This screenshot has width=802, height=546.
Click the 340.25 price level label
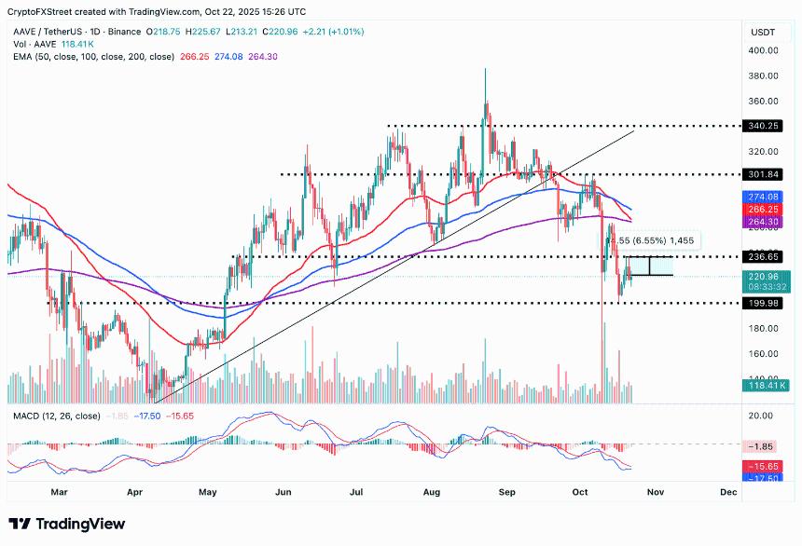(763, 126)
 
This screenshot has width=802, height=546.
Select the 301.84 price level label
(763, 174)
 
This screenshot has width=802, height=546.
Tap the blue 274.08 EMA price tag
(763, 198)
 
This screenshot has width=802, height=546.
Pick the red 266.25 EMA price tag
(763, 210)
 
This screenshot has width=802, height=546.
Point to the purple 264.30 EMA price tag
(763, 222)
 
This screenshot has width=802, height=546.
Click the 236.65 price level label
(763, 256)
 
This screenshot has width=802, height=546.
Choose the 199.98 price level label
(763, 303)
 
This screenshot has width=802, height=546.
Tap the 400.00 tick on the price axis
(763, 50)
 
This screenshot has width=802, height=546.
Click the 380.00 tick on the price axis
(763, 75)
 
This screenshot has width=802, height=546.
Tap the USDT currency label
(763, 32)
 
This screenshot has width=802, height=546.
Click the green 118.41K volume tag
(763, 384)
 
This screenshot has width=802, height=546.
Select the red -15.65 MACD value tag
(763, 465)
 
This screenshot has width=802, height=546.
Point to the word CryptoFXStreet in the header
(36, 12)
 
